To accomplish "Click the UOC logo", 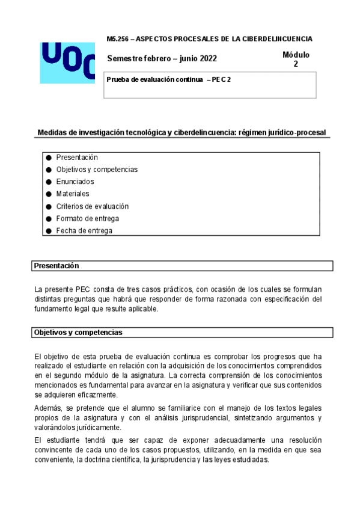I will coord(67,62).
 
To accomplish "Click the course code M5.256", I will coord(115,38).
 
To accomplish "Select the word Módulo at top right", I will coord(296,55).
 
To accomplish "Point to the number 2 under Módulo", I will coord(296,64).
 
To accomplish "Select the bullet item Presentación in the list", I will coord(77,157).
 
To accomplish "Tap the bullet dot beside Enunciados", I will coord(49,182).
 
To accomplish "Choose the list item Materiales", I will coord(73,194).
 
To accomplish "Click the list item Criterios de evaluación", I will coord(93,206).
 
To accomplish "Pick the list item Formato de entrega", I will coord(88,218).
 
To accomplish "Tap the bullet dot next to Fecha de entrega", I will coord(49,231).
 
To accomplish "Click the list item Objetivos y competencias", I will coord(97,170).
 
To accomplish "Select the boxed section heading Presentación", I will coord(56,265).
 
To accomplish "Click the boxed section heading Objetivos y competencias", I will coord(78,332).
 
